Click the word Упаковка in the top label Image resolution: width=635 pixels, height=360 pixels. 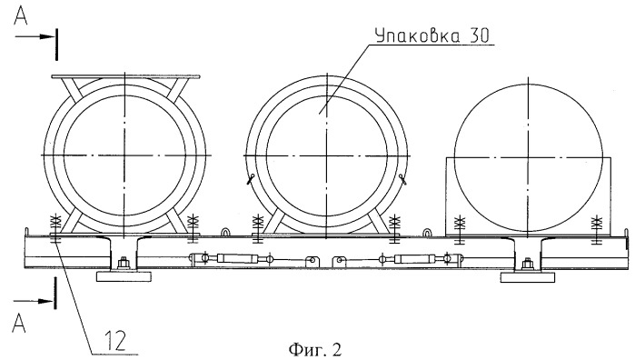tap(417, 35)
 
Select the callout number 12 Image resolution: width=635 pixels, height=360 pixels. tap(115, 341)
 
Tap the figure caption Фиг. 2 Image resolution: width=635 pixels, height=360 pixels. tap(315, 349)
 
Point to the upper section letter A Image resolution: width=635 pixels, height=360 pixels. tap(21, 16)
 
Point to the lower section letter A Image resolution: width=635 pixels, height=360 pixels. tap(19, 324)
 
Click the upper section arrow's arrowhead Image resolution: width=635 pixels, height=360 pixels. tap(47, 37)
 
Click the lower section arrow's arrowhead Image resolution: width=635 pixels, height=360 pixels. tap(45, 301)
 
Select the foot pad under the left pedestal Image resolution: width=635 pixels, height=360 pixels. tap(124, 277)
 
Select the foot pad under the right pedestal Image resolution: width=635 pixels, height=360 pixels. tap(528, 277)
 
